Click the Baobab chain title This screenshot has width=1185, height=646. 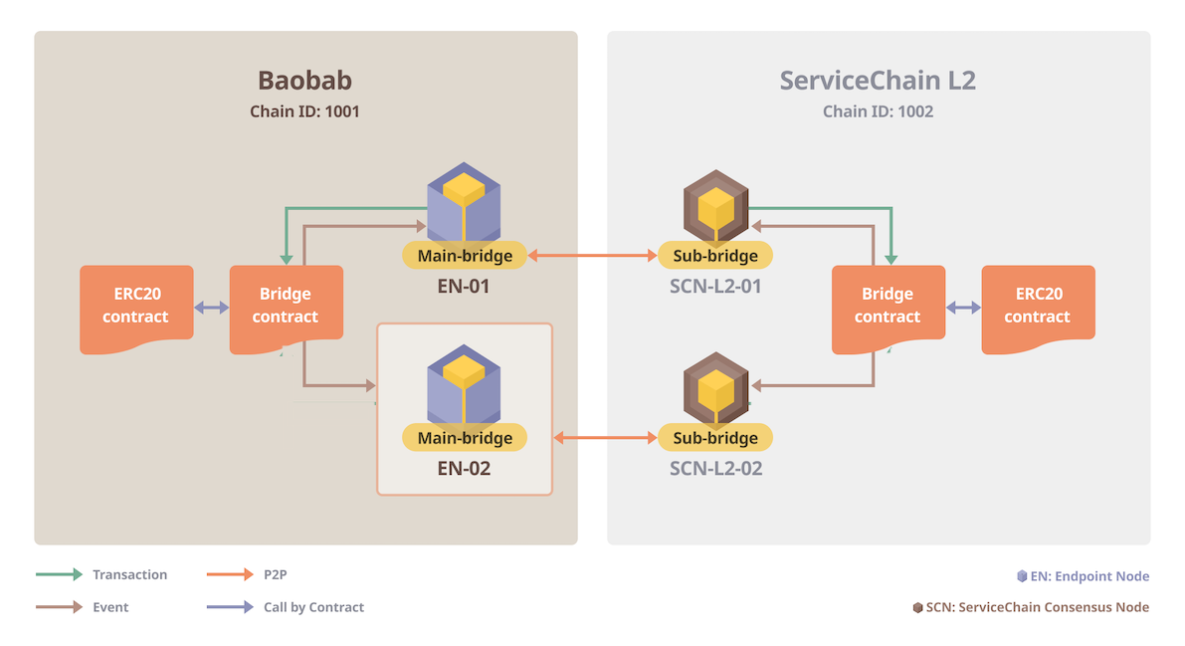(x=304, y=80)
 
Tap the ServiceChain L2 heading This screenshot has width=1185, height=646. (x=878, y=80)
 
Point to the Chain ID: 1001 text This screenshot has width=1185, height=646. (x=304, y=111)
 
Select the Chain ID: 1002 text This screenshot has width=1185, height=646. (x=878, y=111)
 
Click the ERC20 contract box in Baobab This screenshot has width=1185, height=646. (x=136, y=306)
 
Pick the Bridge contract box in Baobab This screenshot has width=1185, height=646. (x=286, y=306)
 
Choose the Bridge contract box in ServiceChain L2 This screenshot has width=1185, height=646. (x=888, y=306)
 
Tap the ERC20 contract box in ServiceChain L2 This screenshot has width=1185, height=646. (x=1038, y=306)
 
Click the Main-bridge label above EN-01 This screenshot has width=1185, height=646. (x=465, y=256)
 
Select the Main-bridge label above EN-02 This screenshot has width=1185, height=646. (x=465, y=438)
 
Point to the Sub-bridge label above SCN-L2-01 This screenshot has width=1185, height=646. (x=715, y=256)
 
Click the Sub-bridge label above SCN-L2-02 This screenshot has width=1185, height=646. (x=715, y=438)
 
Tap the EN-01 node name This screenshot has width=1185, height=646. (x=465, y=287)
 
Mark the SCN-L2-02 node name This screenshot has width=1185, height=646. (x=715, y=468)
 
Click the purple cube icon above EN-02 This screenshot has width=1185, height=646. (x=464, y=384)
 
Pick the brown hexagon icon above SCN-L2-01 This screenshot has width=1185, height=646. (x=715, y=204)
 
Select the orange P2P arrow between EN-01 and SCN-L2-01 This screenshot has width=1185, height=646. (x=592, y=256)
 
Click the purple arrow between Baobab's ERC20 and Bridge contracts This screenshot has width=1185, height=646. (x=211, y=309)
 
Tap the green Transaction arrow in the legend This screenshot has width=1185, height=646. (x=59, y=574)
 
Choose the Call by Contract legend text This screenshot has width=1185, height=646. (x=313, y=607)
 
